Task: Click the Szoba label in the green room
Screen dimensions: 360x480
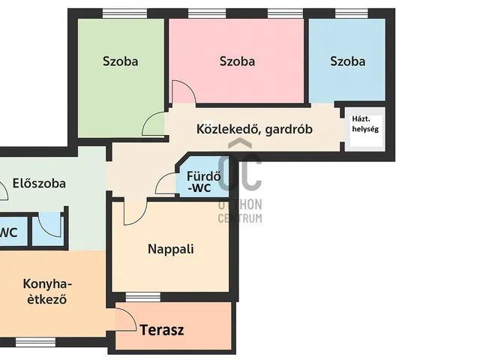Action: (120, 61)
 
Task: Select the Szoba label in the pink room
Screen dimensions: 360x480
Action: (237, 61)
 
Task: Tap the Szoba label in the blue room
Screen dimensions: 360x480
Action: (347, 61)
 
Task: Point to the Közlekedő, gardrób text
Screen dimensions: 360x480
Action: (254, 129)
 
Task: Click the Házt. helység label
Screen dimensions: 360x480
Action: (365, 123)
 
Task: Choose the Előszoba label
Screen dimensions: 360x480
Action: (39, 182)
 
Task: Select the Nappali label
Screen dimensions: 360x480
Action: (170, 248)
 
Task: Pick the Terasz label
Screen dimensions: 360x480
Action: (161, 329)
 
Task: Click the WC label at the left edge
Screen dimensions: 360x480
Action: (8, 232)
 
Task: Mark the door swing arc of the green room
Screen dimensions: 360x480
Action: (153, 124)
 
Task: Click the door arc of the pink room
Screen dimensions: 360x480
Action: (183, 92)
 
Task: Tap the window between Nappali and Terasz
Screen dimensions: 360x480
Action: (143, 297)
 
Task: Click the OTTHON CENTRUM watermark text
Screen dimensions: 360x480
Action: (240, 211)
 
